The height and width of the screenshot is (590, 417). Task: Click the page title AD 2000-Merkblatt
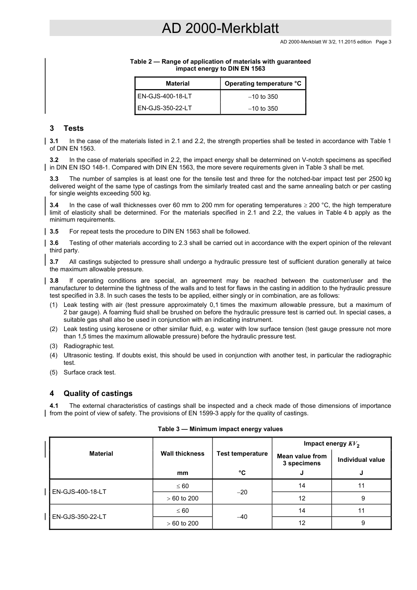pos(220,29)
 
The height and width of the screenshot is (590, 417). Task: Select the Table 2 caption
pos(220,65)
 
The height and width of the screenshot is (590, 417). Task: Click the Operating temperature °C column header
pos(263,83)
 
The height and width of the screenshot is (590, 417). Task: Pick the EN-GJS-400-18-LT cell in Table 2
pos(165,96)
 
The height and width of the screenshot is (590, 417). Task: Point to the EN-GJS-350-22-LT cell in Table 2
pos(165,108)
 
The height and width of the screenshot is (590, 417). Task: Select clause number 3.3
pos(54,179)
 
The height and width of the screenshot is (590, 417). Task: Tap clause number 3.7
pos(54,262)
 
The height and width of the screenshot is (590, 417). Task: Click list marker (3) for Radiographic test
pos(54,346)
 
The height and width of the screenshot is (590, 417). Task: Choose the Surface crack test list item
pos(90,372)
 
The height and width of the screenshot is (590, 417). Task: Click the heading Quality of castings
pos(98,393)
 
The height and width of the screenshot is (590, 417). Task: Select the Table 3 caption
pos(220,429)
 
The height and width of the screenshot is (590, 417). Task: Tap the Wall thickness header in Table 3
pos(182,453)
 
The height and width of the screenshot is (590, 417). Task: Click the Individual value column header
pos(361,460)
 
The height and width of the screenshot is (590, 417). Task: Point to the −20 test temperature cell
pos(242,492)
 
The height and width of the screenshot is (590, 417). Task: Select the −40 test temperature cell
pos(242,517)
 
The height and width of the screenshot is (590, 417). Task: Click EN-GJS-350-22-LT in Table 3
pos(79,517)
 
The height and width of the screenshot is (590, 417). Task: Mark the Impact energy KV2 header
pos(331,444)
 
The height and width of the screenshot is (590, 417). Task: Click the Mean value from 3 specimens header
pos(302,460)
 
